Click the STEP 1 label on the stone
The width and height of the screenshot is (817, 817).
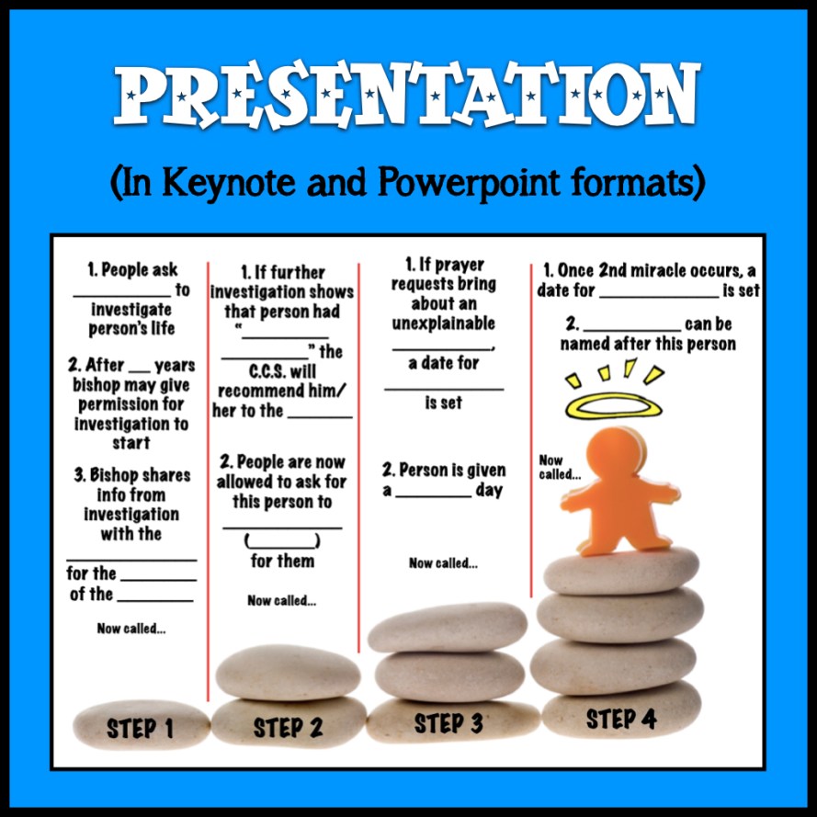[x=140, y=728]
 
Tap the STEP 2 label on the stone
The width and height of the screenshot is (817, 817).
[x=288, y=727]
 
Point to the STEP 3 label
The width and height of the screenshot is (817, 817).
[x=448, y=723]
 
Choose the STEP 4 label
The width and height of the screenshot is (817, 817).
[x=620, y=719]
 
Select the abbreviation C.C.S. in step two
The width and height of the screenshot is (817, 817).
[x=282, y=371]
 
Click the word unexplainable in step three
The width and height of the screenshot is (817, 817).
[x=443, y=323]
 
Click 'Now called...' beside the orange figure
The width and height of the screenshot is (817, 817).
[x=559, y=467]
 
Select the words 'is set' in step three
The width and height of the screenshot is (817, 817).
[x=443, y=403]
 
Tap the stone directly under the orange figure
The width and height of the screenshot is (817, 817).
[x=621, y=571]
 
